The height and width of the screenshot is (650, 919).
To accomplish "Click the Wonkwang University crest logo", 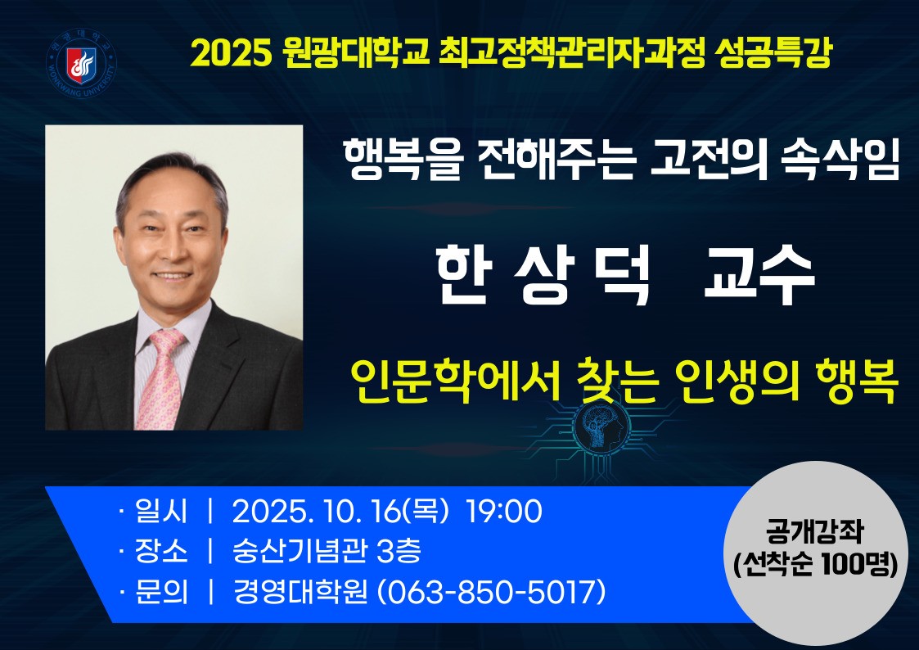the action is [x=81, y=63].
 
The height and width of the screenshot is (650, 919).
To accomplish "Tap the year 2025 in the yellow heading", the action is [x=232, y=54].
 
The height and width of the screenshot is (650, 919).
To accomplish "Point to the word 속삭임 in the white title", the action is [x=840, y=160].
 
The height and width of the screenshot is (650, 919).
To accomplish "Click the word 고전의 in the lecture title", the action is [x=709, y=160].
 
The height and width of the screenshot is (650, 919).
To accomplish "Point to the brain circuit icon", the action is [x=599, y=427].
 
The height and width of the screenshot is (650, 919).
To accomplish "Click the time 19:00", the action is [x=503, y=511].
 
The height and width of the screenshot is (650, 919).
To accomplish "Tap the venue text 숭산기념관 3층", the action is [x=327, y=550].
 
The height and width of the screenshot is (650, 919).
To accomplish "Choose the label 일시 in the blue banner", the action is [x=161, y=511].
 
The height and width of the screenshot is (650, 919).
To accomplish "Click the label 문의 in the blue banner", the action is [x=161, y=591].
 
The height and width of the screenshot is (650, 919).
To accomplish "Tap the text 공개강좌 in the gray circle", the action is [x=815, y=531].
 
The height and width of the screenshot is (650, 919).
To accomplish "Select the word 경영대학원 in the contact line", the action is [x=300, y=591].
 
